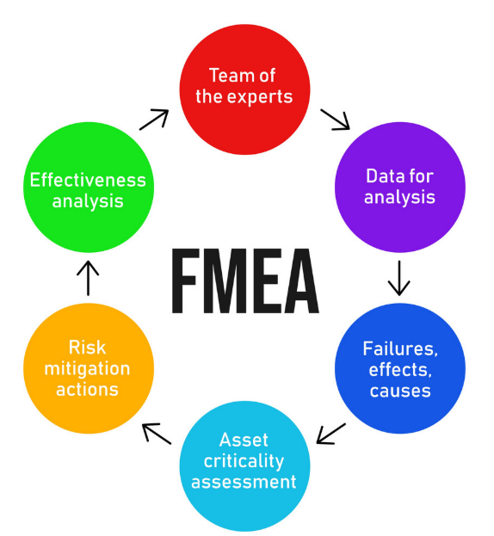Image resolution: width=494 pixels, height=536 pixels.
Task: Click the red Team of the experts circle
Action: (244, 89)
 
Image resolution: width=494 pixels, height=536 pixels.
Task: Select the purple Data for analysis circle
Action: (400, 188)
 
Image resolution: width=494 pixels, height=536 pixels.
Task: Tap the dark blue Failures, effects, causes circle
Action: (400, 368)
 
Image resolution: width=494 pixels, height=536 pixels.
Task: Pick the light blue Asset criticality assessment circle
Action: (244, 466)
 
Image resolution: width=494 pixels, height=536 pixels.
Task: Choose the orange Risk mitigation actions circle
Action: (89, 368)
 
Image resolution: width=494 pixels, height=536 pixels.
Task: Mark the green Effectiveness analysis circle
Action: (89, 188)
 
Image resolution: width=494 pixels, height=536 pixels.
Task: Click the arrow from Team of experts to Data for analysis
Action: (335, 120)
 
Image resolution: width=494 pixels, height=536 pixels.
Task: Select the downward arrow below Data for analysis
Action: (399, 278)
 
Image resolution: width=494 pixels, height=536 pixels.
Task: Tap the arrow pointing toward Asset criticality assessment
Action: (331, 434)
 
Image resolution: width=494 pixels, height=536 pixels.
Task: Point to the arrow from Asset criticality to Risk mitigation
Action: (157, 434)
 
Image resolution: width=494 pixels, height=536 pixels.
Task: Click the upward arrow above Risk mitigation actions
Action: (88, 278)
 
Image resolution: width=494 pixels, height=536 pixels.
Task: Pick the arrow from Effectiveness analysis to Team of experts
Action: (154, 120)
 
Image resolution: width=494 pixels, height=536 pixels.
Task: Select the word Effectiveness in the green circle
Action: (88, 180)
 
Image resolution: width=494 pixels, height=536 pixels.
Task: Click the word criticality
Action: (244, 461)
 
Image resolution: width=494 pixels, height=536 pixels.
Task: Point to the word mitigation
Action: (87, 369)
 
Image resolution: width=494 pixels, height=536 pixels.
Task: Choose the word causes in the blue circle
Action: (400, 391)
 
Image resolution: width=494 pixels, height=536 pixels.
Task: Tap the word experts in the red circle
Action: (260, 97)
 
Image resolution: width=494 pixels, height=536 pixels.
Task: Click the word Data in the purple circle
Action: (385, 176)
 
